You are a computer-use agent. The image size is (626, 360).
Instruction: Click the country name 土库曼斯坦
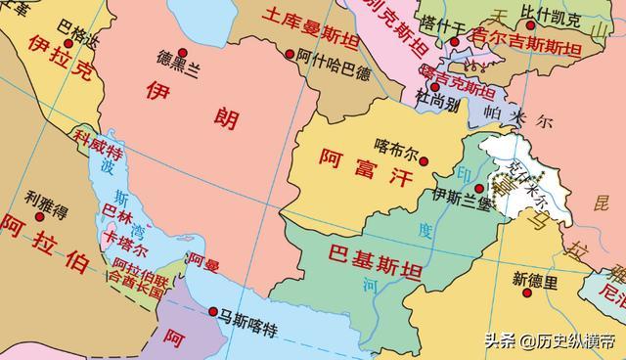(300, 21)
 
